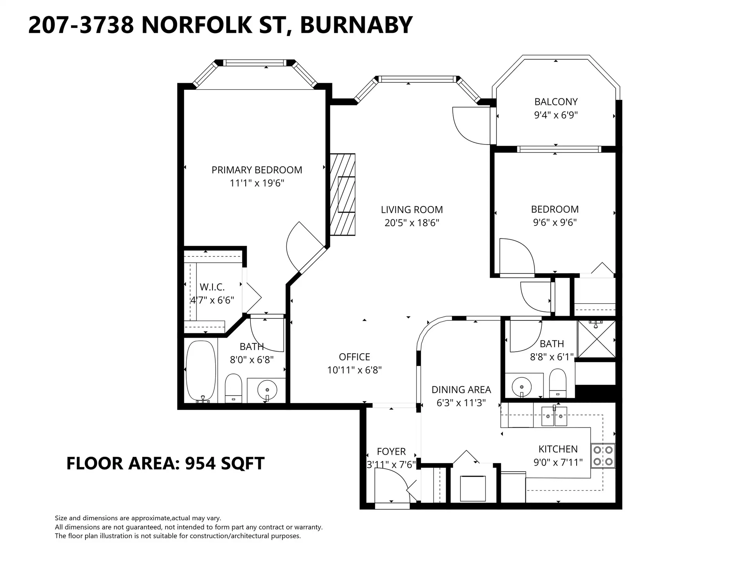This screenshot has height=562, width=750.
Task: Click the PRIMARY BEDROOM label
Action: click(x=257, y=170)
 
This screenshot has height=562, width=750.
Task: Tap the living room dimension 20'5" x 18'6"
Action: click(x=412, y=223)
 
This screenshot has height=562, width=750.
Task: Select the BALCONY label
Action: click(x=555, y=102)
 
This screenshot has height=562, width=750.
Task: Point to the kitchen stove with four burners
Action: click(x=603, y=455)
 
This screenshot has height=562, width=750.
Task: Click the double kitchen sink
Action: click(x=554, y=417)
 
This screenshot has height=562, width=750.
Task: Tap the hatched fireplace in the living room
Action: click(x=343, y=194)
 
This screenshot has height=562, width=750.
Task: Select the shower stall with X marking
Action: click(x=596, y=339)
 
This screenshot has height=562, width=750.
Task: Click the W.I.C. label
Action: click(x=212, y=287)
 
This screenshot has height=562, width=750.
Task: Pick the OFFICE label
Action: click(x=354, y=357)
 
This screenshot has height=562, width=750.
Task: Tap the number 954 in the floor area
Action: click(x=200, y=463)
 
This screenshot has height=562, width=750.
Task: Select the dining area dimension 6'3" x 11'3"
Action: click(x=461, y=403)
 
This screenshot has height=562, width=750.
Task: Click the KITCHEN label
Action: click(x=557, y=449)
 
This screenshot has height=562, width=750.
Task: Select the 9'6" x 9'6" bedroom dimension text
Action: click(x=555, y=222)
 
